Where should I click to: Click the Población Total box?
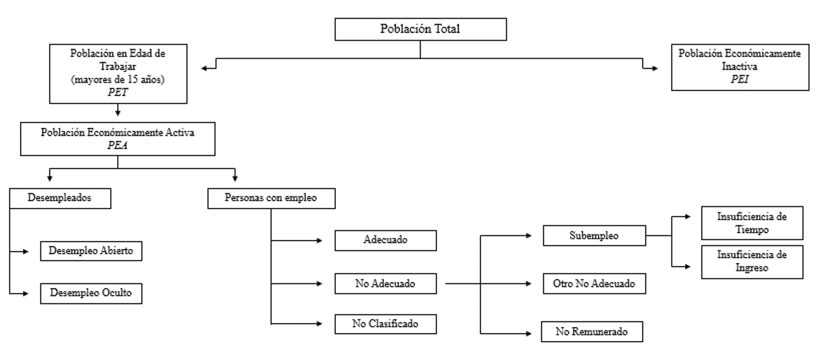point(420,29)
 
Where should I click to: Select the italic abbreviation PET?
point(117,92)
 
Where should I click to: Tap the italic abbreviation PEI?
point(739,79)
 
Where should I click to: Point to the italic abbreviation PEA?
point(117,145)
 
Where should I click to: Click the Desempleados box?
point(60,198)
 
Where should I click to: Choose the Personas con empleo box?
point(271,198)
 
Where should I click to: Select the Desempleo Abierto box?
point(91,251)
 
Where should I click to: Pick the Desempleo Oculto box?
point(91,293)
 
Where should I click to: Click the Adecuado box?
point(385,240)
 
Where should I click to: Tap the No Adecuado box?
point(385,284)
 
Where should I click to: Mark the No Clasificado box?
point(385,324)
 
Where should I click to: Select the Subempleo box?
point(594,236)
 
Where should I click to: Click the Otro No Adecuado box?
point(594,284)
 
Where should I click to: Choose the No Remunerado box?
point(592,332)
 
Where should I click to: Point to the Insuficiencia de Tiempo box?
point(752,223)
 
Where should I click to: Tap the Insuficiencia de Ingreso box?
point(752,262)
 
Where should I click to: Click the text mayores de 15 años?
point(117,79)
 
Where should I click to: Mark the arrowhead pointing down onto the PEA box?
point(117,113)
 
